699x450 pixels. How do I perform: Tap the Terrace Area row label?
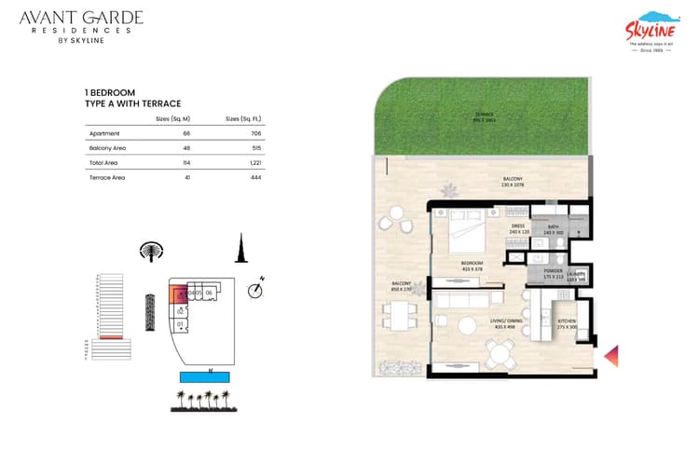pyautogui.click(x=103, y=176)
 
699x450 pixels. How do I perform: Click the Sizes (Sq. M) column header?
pyautogui.click(x=172, y=118)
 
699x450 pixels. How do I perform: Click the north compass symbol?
pyautogui.click(x=255, y=290)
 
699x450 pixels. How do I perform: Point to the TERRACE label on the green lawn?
pyautogui.click(x=483, y=116)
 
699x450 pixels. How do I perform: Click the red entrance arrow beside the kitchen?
pyautogui.click(x=612, y=355)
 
